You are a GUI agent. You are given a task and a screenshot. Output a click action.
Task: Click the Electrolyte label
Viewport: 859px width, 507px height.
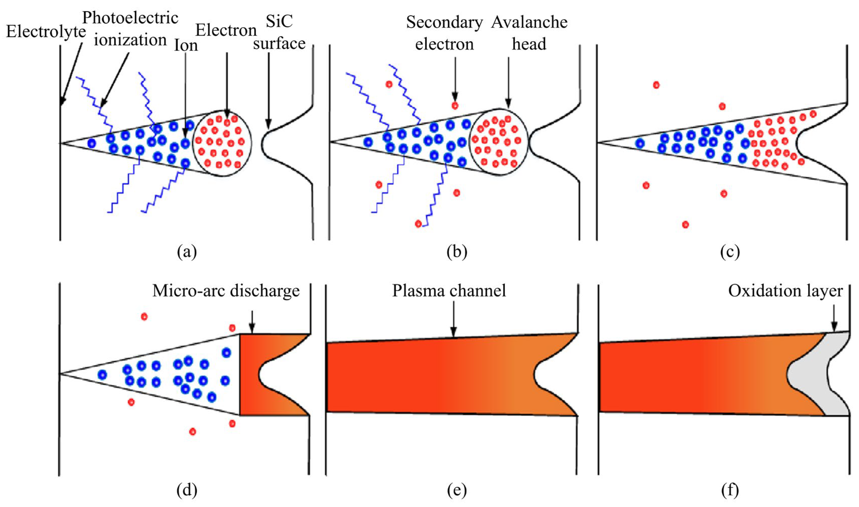46,32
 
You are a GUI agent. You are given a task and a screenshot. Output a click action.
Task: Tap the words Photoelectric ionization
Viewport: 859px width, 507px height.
130,29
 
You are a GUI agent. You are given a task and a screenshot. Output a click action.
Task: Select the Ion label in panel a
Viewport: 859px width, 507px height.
186,45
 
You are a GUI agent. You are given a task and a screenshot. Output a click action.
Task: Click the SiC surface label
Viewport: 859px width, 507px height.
279,32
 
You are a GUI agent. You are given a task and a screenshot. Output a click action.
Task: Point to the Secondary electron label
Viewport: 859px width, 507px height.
444,33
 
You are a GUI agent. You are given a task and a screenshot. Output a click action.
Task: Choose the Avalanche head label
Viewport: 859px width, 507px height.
529,33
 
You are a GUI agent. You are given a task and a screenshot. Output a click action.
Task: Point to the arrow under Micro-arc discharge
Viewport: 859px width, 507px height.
252,321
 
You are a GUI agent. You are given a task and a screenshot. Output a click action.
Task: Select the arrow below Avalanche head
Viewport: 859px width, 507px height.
508,82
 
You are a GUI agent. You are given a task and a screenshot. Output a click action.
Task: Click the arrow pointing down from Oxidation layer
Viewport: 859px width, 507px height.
834,318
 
